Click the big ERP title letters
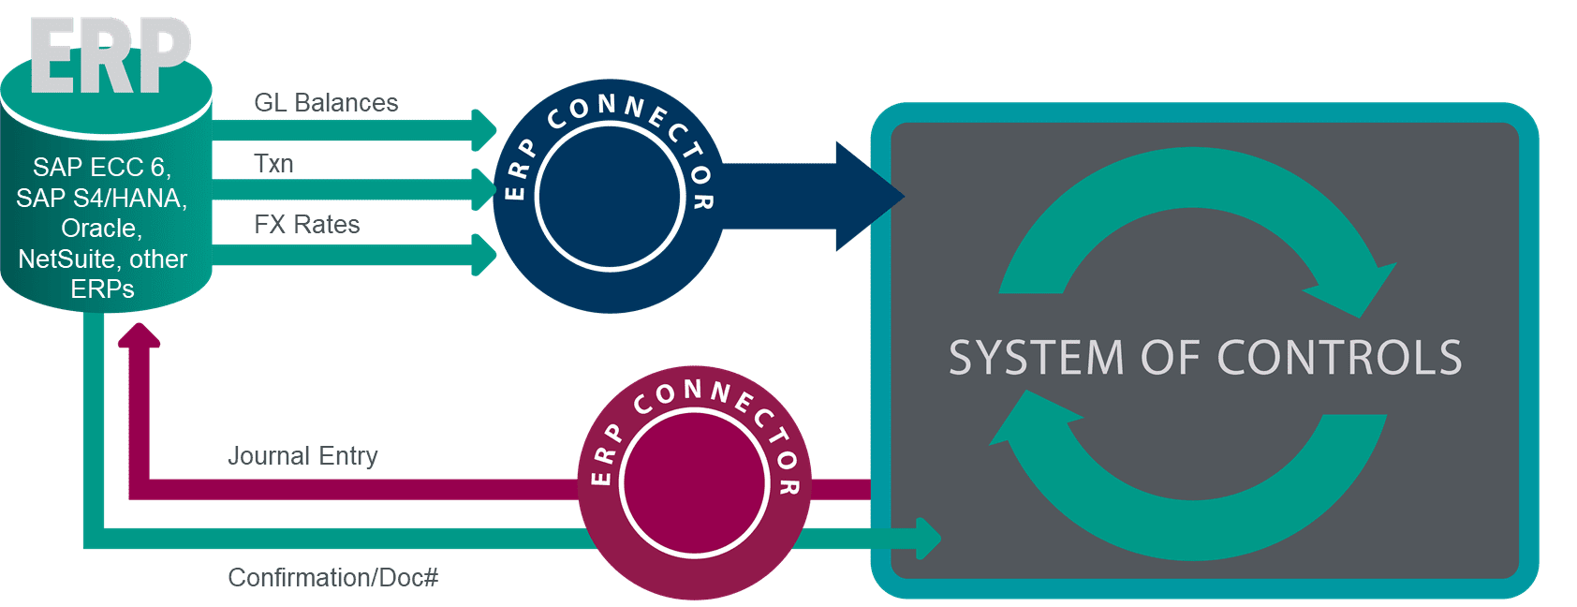[111, 56]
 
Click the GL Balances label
[326, 103]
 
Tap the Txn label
[273, 164]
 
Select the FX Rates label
[307, 225]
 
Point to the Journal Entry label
[302, 456]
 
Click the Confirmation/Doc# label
[332, 577]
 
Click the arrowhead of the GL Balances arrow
[484, 130]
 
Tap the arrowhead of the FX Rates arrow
[484, 254]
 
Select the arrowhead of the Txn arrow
[484, 190]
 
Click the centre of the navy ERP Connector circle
[609, 197]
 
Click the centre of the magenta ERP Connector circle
[694, 483]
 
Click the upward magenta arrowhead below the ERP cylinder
[140, 335]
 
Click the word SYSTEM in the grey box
[1036, 358]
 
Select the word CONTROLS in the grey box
[1339, 358]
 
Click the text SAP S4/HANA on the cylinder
[101, 199]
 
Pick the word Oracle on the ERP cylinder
[101, 229]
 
